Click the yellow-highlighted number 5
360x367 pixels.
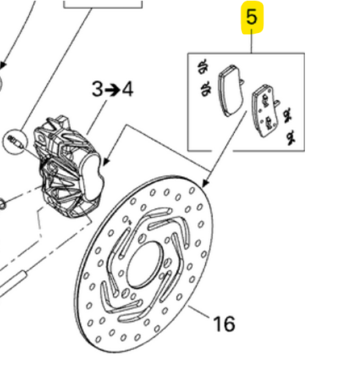click(x=251, y=17)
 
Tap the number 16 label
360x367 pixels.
click(x=224, y=324)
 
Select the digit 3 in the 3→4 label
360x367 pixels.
click(x=97, y=89)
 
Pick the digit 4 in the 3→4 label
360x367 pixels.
click(x=128, y=89)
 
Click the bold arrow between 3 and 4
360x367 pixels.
click(x=112, y=90)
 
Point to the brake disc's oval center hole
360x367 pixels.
click(x=145, y=264)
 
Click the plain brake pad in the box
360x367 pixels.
click(x=230, y=91)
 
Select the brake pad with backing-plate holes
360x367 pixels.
click(x=265, y=111)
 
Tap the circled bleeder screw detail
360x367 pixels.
click(x=15, y=142)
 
